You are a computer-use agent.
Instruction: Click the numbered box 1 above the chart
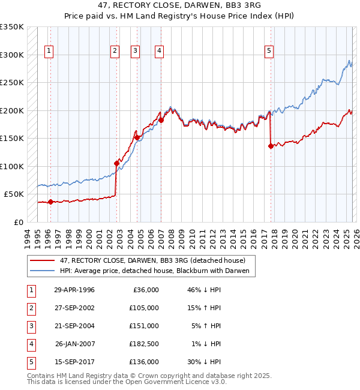pyautogui.click(x=48, y=52)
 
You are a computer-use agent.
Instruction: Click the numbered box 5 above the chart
pyautogui.click(x=269, y=52)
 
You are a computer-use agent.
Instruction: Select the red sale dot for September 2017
pyautogui.click(x=271, y=146)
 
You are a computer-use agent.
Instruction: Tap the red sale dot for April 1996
pyautogui.click(x=50, y=202)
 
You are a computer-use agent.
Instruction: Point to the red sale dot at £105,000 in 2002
pyautogui.click(x=117, y=163)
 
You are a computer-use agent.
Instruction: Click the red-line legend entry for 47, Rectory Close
pyautogui.click(x=152, y=260)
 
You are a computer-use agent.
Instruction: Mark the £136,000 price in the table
pyautogui.click(x=144, y=362)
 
